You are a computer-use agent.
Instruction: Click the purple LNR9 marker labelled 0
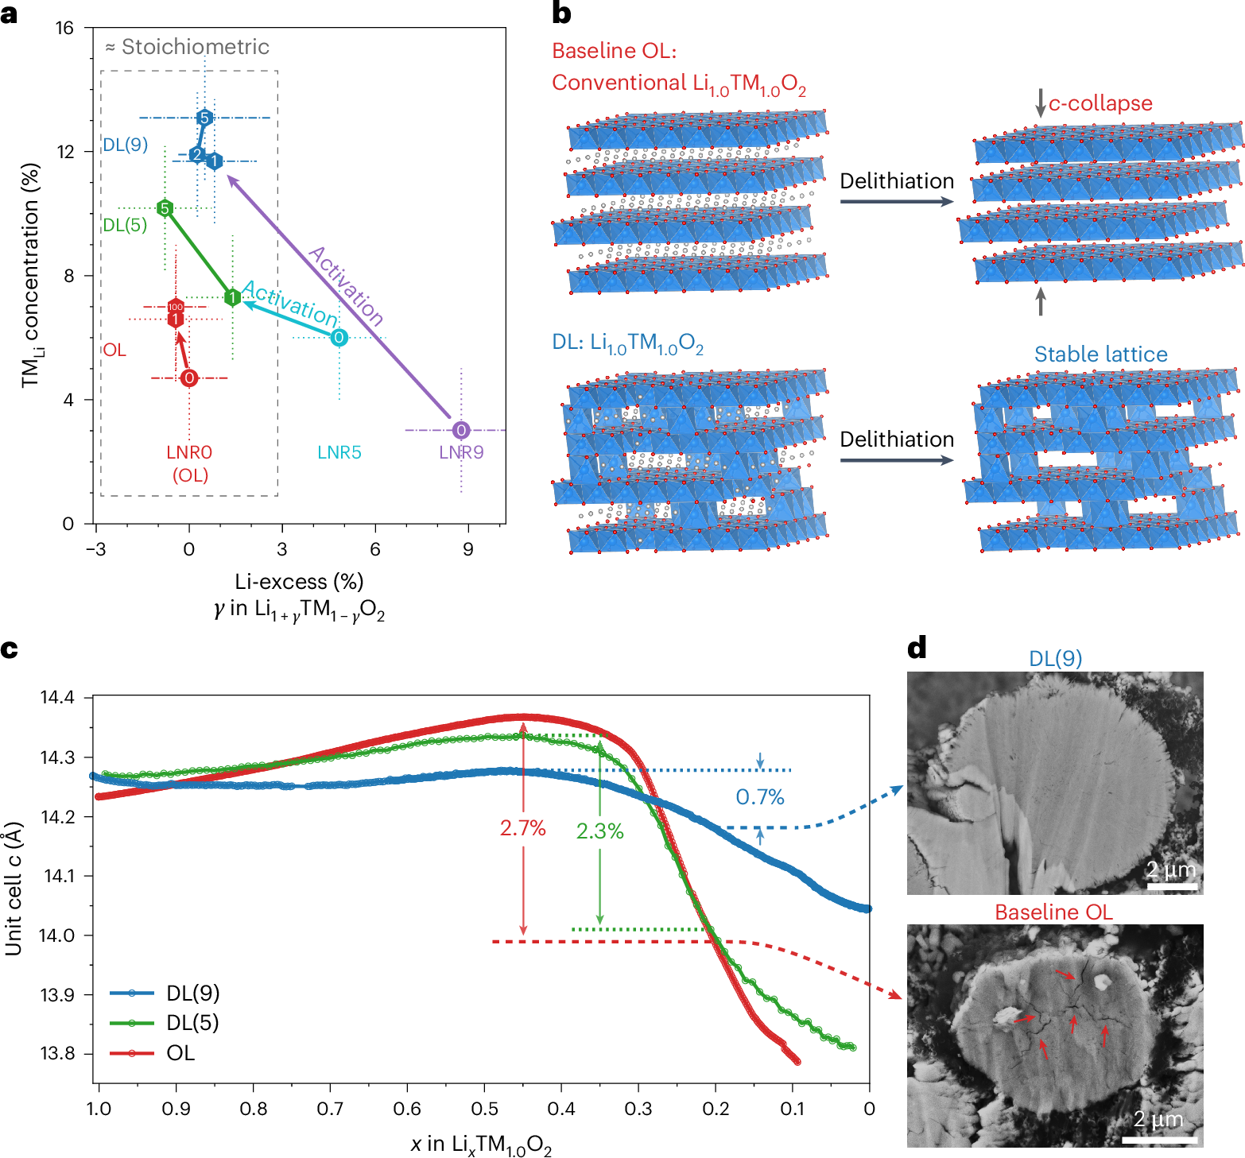pyautogui.click(x=461, y=430)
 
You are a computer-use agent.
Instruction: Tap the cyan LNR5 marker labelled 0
pyautogui.click(x=339, y=338)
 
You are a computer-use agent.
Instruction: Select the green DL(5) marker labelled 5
pyautogui.click(x=165, y=208)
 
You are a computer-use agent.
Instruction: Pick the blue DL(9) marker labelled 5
pyautogui.click(x=204, y=118)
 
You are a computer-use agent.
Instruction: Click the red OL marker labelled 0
pyautogui.click(x=189, y=378)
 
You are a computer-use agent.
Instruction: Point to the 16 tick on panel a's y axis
pyautogui.click(x=64, y=28)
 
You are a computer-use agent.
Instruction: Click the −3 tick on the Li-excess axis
pyautogui.click(x=95, y=549)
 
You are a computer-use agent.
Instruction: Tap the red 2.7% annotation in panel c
pyautogui.click(x=522, y=828)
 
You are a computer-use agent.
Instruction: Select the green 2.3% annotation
pyautogui.click(x=599, y=831)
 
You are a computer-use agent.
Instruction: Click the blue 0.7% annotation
pyautogui.click(x=760, y=796)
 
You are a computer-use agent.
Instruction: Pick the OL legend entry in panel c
pyautogui.click(x=180, y=1052)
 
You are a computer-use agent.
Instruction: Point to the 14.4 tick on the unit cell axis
pyautogui.click(x=57, y=698)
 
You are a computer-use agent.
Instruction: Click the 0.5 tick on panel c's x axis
pyautogui.click(x=484, y=1109)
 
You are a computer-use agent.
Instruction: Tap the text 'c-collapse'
pyautogui.click(x=1100, y=103)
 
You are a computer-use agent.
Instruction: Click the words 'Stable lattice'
pyautogui.click(x=1100, y=354)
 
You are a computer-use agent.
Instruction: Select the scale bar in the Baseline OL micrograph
pyautogui.click(x=1159, y=1141)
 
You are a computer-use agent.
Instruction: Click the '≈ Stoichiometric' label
pyautogui.click(x=188, y=47)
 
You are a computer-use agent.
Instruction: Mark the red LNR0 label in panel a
pyautogui.click(x=189, y=452)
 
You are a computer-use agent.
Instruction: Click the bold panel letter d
pyautogui.click(x=917, y=649)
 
